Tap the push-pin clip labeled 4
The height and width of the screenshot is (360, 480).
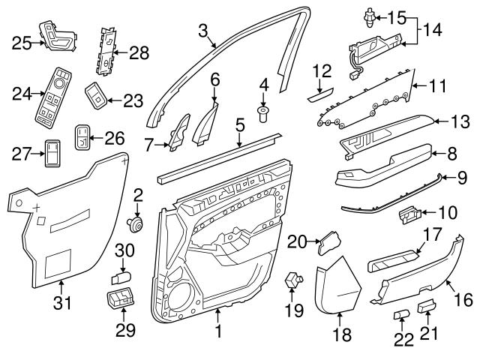click(x=263, y=113)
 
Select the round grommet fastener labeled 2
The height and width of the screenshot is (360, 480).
click(x=136, y=223)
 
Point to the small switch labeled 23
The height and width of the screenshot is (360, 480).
click(x=95, y=95)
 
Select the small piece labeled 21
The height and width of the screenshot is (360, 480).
click(x=427, y=305)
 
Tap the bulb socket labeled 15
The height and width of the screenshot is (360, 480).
click(x=369, y=14)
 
